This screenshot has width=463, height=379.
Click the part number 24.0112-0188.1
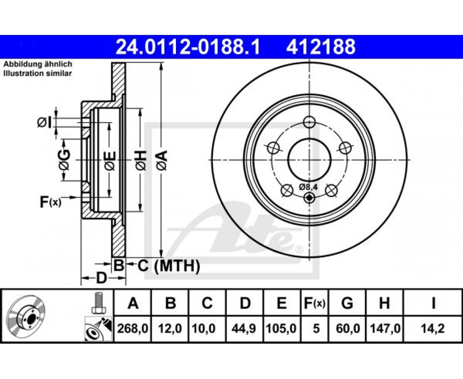pos(188,47)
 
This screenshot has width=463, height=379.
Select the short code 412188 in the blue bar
pos(321,47)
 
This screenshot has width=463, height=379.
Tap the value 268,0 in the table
pos(133,328)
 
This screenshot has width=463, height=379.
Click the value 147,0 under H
pos(384,328)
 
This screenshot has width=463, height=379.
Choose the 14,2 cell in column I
pos(433,328)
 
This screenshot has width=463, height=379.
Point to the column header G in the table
pos(347,303)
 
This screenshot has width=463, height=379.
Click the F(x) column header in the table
pos(314,303)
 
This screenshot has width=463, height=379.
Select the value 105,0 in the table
pos(281,328)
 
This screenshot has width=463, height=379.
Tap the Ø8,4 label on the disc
pos(308,187)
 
